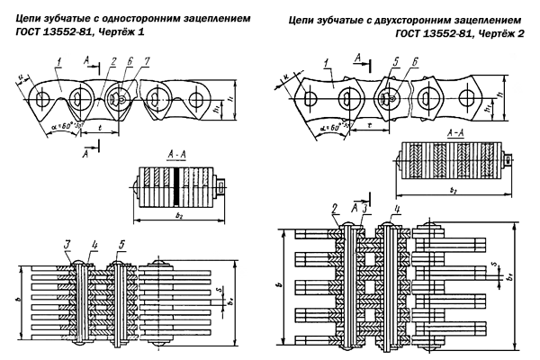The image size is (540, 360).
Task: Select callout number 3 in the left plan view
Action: (x=66, y=244)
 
